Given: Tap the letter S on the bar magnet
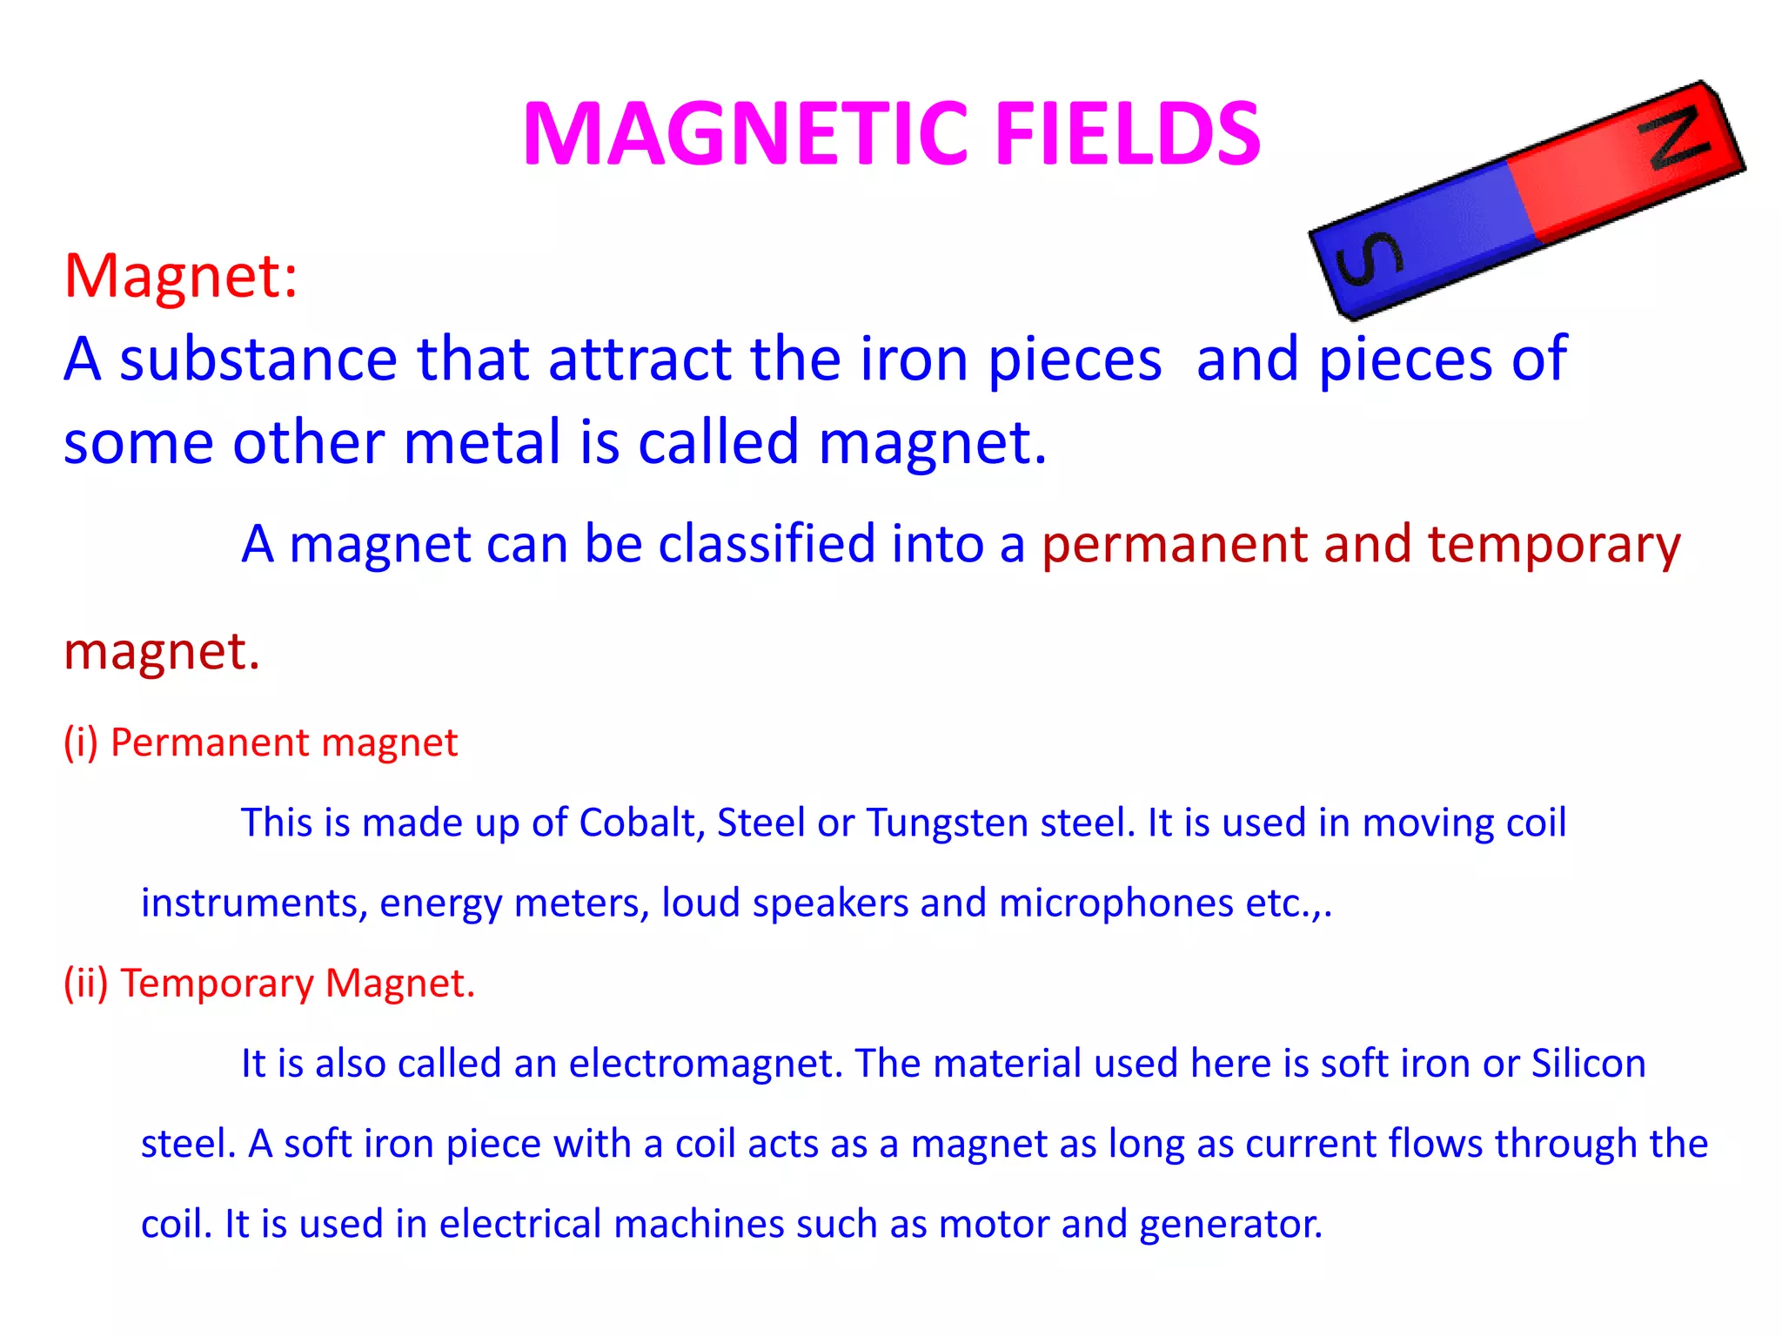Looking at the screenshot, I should (1368, 260).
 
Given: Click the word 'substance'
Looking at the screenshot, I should (258, 359).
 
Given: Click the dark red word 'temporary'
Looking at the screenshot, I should (1554, 546).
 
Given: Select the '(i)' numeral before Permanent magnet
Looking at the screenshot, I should (81, 742).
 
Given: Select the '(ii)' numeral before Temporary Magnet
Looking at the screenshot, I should (85, 983).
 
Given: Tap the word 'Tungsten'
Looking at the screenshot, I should (947, 823).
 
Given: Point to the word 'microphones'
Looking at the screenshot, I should (1115, 903).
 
